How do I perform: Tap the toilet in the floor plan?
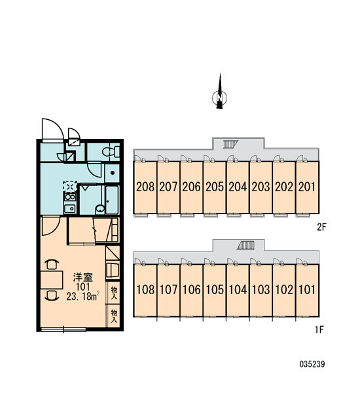pos(111,152)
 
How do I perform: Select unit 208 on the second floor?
pos(145,187)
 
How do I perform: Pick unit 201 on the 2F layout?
pos(307,187)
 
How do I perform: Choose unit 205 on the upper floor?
pos(215,187)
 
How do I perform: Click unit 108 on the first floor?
pos(145,290)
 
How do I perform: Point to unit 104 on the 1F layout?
pos(238,290)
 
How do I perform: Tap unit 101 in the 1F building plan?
pos(307,290)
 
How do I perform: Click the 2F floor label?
pos(322,227)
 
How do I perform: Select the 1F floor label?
pos(319,329)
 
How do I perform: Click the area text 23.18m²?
pos(83,297)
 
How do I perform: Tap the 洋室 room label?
pos(83,278)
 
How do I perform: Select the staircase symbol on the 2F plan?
pos(230,144)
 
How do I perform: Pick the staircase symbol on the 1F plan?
pos(245,246)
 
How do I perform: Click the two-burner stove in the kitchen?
pos(70,197)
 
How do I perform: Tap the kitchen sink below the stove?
pos(70,208)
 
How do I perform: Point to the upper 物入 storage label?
pos(114,293)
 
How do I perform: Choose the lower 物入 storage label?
pos(114,316)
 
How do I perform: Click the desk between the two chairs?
pos(52,280)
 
